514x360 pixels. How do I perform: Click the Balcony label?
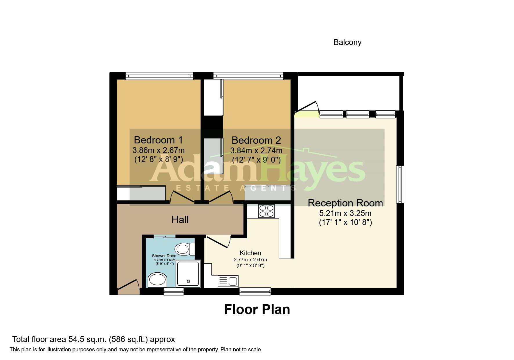click(347, 42)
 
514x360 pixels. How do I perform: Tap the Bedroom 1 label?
click(158, 140)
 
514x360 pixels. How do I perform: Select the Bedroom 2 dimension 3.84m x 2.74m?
click(256, 151)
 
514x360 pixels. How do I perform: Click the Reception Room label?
click(345, 203)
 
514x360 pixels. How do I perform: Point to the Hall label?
click(180, 219)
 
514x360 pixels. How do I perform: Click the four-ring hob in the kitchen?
click(266, 211)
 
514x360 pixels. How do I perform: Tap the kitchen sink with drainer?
click(228, 281)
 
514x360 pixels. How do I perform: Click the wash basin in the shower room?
click(157, 280)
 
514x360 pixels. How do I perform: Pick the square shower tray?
click(188, 274)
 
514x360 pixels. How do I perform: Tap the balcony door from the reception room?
click(306, 107)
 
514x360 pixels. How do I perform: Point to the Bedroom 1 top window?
click(159, 76)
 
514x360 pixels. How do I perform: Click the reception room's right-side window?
click(400, 184)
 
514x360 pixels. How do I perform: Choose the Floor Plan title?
click(257, 309)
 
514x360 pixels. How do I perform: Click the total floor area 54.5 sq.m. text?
click(93, 339)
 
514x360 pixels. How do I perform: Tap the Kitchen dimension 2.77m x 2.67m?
click(250, 260)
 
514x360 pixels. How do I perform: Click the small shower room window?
click(174, 291)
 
